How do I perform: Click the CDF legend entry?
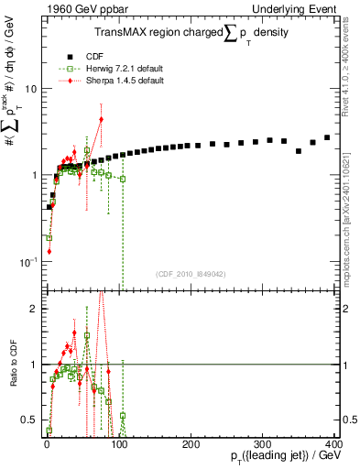coord(92,54)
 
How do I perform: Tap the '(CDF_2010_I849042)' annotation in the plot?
coord(189,272)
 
